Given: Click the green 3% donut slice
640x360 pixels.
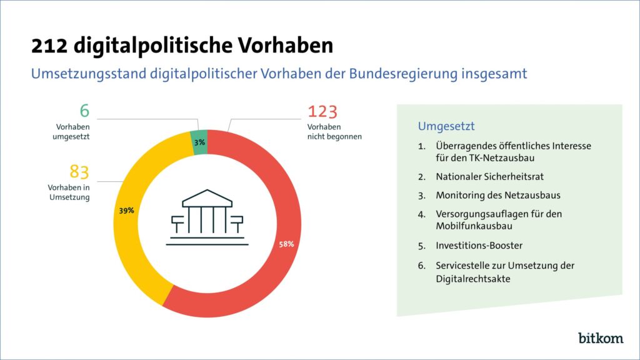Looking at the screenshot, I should point(199,141).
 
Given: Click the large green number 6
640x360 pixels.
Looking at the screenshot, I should point(85,111).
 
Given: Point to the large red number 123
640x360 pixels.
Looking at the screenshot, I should point(322,112).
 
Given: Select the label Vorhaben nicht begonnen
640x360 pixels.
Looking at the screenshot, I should point(334,131).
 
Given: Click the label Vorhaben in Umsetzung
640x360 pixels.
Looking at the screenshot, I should point(68,192).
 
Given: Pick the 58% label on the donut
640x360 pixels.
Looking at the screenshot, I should point(286,243).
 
